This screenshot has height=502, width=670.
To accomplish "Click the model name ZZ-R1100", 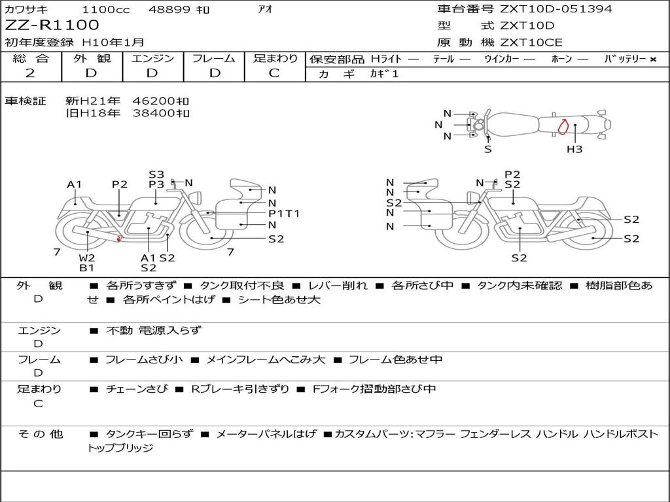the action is coord(52,25).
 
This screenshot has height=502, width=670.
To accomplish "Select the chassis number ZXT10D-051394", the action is coord(556,9).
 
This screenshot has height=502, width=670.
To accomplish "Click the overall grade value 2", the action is coord(30,73).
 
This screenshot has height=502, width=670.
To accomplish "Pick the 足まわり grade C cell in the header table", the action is coord(275,73).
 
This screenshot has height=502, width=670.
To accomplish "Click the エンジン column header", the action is coord(152,58).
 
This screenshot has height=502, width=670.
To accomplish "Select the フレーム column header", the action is coord(213,58).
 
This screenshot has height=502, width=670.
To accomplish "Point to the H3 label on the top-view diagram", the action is coord(574,150).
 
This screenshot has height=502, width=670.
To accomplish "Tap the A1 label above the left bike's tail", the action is coord(75,184).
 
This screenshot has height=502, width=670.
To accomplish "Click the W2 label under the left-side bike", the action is coord(87,258).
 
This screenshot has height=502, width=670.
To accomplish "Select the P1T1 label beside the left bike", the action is coord(284,213).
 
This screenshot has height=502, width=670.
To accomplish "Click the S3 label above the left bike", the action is coord(156,175).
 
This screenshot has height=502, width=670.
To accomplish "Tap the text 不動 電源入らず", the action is coord(154,330).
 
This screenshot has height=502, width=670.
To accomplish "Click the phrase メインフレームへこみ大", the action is coord(266,360).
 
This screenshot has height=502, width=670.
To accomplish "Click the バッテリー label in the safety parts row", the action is coord(625,59).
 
